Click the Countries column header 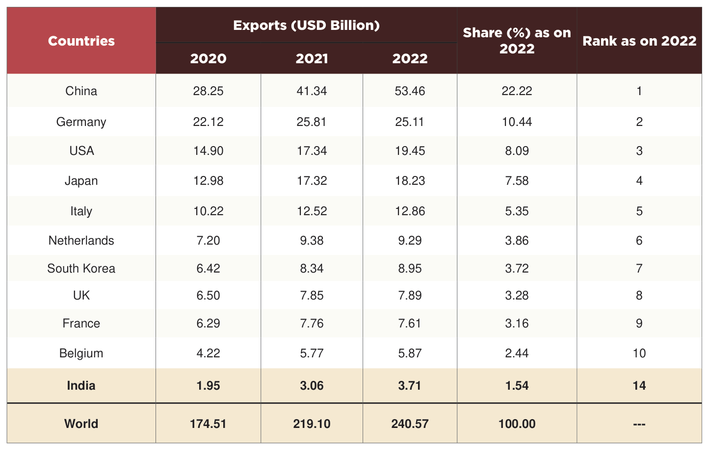[x=81, y=41]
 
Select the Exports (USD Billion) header [x=306, y=25]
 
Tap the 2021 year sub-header [x=312, y=58]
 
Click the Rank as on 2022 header [x=639, y=41]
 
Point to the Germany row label [x=81, y=122]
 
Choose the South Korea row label [x=81, y=269]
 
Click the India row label [x=81, y=385]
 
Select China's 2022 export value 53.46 [x=410, y=91]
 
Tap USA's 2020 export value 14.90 [x=208, y=151]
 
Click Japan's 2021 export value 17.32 [x=312, y=181]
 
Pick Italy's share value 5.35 [x=517, y=211]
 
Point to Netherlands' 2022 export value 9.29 [x=410, y=241]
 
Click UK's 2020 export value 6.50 [x=208, y=296]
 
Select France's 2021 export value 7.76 [x=312, y=324]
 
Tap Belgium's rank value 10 [x=639, y=353]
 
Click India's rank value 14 [x=639, y=385]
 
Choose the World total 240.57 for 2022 [x=410, y=424]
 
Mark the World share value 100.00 [x=517, y=424]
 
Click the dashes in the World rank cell [x=639, y=424]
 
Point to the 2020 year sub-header [x=208, y=58]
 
